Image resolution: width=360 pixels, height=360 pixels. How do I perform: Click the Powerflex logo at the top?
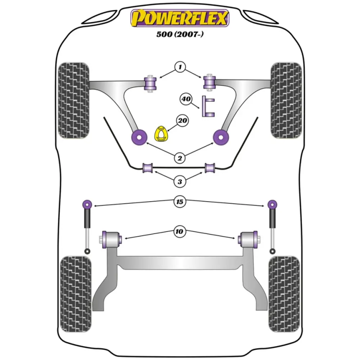[180, 18]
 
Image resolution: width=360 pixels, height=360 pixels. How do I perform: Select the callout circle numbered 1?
[180, 67]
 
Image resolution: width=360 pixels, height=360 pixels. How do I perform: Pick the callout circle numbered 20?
[182, 121]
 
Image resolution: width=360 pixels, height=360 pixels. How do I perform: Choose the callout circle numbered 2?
[180, 157]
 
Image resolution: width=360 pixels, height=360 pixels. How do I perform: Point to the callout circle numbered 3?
[180, 182]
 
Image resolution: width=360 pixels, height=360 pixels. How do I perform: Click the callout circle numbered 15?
[180, 202]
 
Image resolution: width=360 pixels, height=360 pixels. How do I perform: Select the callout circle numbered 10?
[180, 232]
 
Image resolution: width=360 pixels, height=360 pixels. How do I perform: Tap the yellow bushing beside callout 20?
[162, 134]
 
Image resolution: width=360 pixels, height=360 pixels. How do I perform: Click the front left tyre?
[73, 101]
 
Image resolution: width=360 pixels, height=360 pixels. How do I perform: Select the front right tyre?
[286, 101]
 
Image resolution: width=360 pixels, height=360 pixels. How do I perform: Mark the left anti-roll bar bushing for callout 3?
[148, 168]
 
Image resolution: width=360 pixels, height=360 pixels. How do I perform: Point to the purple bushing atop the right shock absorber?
[272, 204]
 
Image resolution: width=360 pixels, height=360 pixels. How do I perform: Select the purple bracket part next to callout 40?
[208, 107]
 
